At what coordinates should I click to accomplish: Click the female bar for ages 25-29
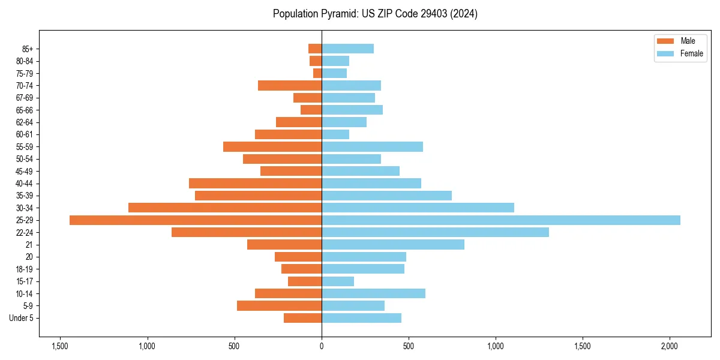coord(501,220)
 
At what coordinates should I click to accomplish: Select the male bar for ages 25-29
coord(196,220)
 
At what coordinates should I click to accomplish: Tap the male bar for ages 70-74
coord(290,86)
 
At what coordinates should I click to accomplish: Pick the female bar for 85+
coord(347,49)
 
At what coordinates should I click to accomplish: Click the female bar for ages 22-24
coord(435,232)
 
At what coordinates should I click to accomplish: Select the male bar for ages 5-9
coord(279,305)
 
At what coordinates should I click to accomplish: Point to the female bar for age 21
coord(393,245)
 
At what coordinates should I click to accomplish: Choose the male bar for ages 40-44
coord(255,184)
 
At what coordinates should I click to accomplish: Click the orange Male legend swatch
coord(666,41)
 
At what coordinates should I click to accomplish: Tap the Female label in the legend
coord(691,53)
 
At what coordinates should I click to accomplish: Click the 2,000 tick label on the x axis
coord(670,346)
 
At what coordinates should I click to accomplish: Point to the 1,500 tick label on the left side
coord(60,346)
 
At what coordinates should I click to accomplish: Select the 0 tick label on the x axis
coord(322,346)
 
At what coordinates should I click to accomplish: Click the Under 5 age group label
coord(21,318)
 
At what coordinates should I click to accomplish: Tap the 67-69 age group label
coord(25,98)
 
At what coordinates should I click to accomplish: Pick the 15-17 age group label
coord(25,281)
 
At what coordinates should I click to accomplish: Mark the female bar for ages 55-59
coord(372,147)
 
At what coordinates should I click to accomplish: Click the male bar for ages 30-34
coord(225,208)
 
